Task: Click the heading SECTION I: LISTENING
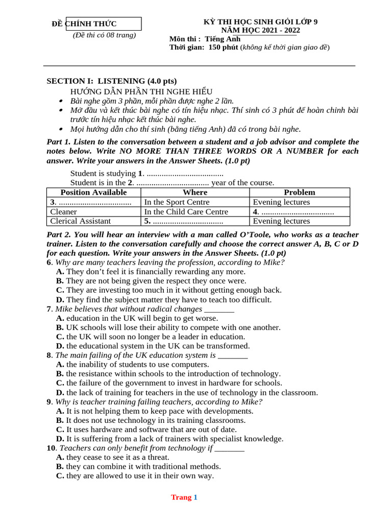112,81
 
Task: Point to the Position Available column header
93,193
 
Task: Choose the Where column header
195,193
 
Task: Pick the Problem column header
300,193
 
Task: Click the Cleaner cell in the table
64,211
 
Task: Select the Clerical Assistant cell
81,221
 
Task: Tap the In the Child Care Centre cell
186,211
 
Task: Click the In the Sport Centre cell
177,202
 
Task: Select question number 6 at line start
48,263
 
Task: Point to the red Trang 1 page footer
184,497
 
